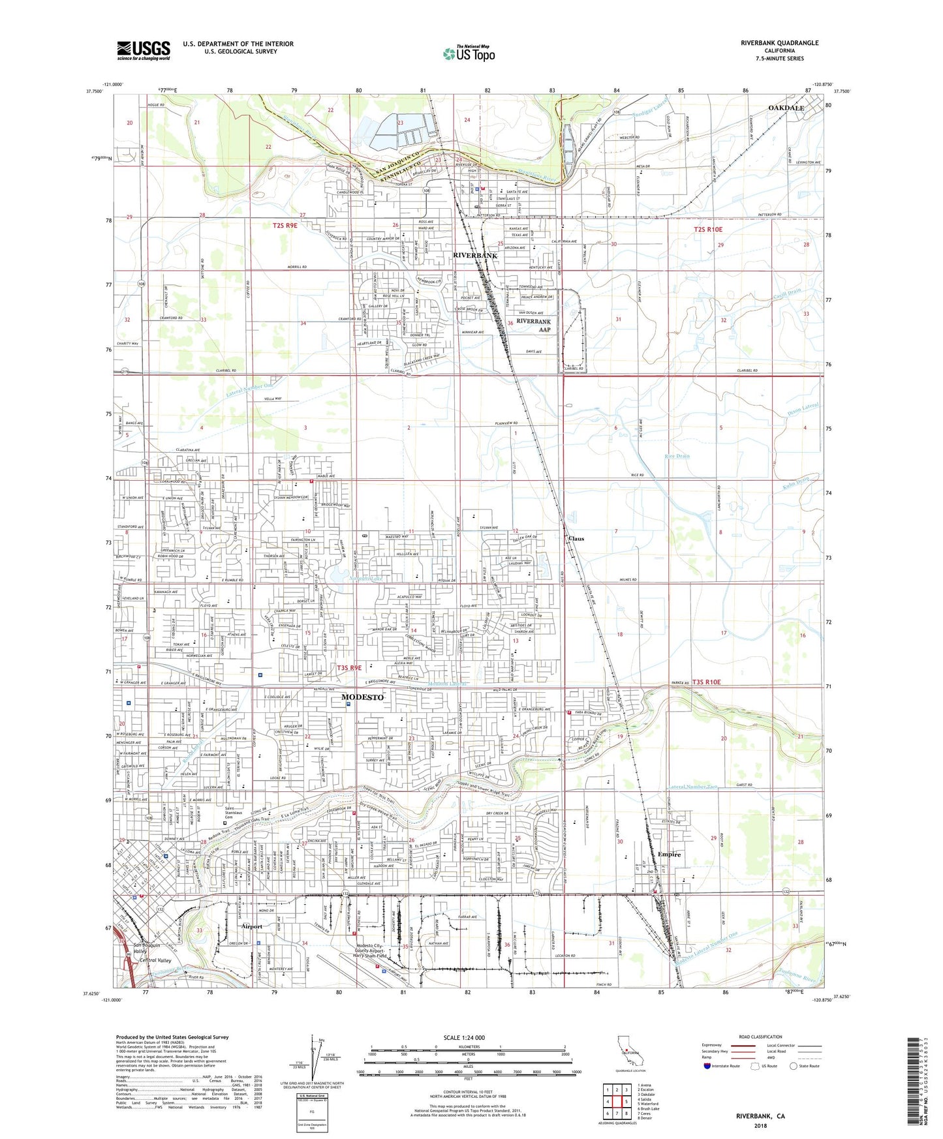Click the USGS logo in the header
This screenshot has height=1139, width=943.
click(144, 50)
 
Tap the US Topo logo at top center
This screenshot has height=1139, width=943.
click(469, 53)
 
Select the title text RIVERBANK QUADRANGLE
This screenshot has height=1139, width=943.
click(779, 43)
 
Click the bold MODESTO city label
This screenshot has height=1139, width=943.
click(362, 697)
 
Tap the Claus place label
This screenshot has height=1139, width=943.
click(576, 539)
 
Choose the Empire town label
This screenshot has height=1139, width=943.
click(669, 855)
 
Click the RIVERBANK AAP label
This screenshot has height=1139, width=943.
click(534, 326)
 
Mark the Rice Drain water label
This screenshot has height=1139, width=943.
click(677, 456)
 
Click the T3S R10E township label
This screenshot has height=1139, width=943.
click(702, 682)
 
